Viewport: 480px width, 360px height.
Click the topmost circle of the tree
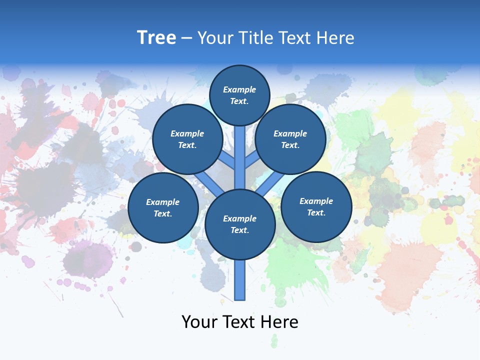pos(239,95)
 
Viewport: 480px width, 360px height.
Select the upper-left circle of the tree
pos(187,139)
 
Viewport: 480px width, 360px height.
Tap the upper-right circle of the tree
pos(290,139)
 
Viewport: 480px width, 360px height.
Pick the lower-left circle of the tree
pos(163,207)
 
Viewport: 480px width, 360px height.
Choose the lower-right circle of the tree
pos(316,206)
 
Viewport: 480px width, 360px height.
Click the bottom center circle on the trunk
pos(240,224)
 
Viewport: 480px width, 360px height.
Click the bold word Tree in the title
pos(156,37)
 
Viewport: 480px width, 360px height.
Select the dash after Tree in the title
pos(186,38)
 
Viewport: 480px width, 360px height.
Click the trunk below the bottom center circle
pos(240,280)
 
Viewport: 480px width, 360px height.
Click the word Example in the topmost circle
pos(239,89)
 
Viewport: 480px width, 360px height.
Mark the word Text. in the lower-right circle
pos(316,212)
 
